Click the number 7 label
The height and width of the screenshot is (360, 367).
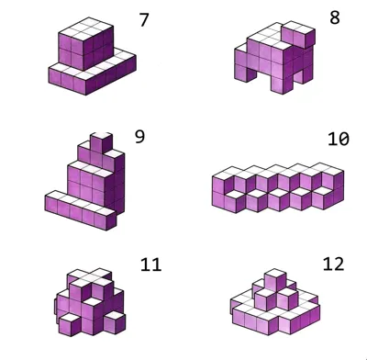(144, 20)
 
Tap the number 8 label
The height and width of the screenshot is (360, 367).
(335, 17)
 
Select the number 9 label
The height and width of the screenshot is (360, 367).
(139, 137)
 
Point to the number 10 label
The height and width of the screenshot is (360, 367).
(339, 139)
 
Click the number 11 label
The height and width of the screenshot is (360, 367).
(150, 264)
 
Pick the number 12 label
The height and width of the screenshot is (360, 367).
(333, 264)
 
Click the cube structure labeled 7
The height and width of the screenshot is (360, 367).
(92, 56)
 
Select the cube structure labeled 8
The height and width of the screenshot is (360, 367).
(274, 58)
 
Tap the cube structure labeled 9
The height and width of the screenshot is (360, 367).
(84, 181)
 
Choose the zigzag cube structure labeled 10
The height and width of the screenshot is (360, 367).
(278, 187)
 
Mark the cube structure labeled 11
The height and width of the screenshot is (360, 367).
(90, 302)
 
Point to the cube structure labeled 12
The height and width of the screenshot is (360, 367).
(275, 302)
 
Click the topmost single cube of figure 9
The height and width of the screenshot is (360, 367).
(101, 141)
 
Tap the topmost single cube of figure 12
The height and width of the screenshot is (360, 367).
(275, 279)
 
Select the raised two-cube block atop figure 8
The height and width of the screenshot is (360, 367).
(298, 34)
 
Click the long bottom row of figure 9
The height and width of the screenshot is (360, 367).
(81, 210)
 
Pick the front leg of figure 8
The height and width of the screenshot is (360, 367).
(283, 83)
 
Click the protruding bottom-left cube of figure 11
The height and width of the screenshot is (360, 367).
(70, 324)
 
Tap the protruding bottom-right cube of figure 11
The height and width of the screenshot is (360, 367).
(115, 322)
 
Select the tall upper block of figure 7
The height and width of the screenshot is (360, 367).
(85, 43)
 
